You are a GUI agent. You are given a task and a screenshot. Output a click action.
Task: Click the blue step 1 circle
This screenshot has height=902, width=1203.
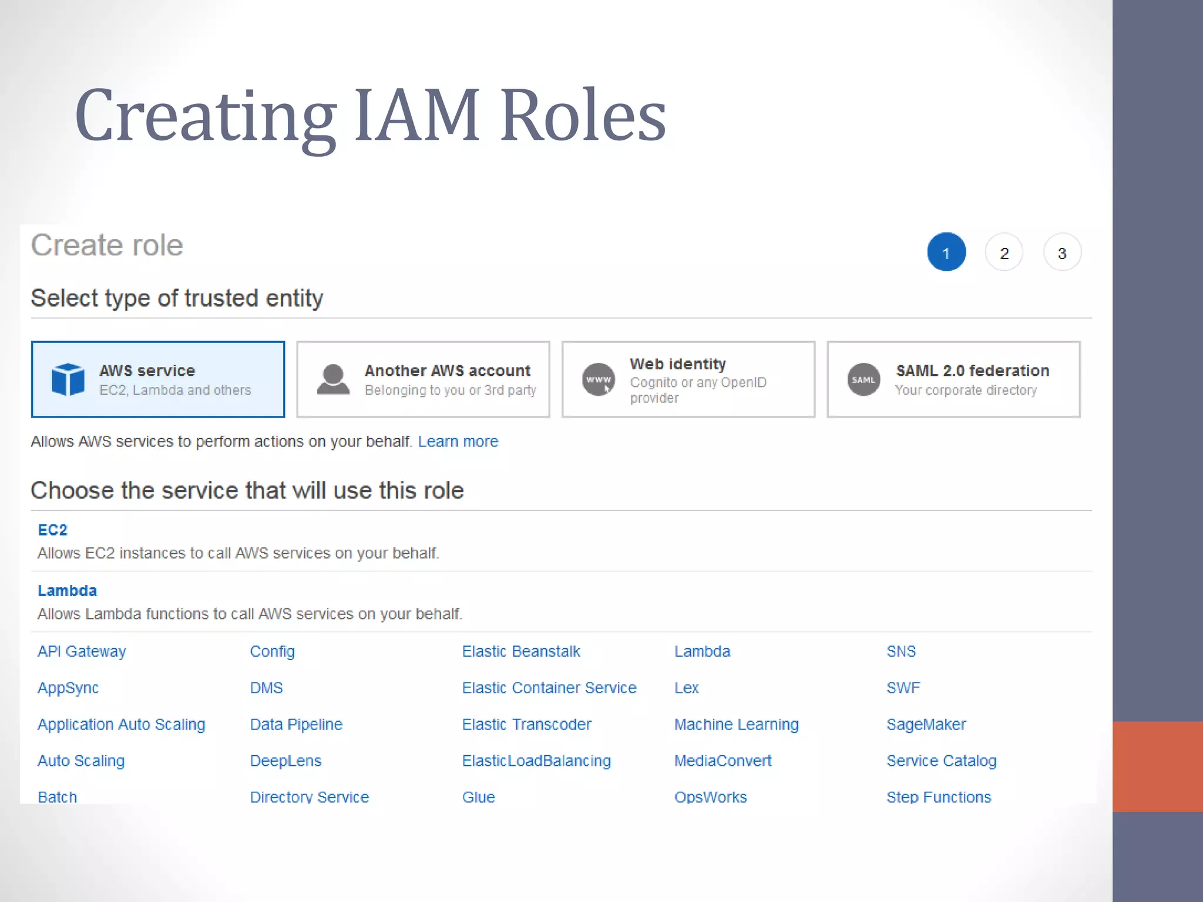pos(946,252)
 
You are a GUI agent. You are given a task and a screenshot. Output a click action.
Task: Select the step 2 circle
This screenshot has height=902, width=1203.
pos(1004,253)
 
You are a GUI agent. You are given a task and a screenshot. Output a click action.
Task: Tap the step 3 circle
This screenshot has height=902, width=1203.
pos(1062,253)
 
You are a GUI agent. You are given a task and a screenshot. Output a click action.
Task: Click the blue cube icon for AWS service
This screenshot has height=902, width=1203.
pos(68,379)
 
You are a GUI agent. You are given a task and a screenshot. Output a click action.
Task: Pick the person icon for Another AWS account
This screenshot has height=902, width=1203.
pos(333,379)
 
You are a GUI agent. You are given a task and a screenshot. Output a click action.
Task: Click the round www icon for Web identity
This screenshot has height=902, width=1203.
pos(598,379)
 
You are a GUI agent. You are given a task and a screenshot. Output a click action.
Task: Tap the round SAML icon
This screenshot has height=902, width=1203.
pos(863,379)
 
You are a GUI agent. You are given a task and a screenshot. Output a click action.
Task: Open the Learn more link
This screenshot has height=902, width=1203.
pos(458,441)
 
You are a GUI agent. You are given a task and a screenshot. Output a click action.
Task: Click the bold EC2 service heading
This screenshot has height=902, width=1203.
pos(52,530)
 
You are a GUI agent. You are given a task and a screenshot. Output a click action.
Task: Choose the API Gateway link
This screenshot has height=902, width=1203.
pos(82,651)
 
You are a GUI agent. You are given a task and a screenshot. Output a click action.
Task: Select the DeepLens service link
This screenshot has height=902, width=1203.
pos(285,760)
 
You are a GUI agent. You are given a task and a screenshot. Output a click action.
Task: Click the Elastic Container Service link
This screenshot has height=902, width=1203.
pos(549,688)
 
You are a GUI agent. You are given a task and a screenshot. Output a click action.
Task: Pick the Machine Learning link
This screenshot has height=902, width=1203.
pos(736,724)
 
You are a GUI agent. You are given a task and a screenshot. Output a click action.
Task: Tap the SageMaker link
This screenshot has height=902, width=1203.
pos(926,724)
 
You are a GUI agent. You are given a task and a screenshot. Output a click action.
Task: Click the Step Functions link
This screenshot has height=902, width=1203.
pos(939,797)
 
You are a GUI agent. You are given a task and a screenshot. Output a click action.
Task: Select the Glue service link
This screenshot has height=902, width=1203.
pos(478,797)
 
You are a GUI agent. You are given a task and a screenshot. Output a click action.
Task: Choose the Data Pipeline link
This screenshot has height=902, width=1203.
pos(296,724)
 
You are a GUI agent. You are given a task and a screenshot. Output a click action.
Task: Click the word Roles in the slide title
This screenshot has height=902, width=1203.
pos(583,115)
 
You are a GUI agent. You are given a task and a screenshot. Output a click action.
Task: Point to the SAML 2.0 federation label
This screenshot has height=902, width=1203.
pos(972,371)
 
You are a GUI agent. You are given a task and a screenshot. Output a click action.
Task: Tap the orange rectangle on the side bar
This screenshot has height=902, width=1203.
pos(1157,766)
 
